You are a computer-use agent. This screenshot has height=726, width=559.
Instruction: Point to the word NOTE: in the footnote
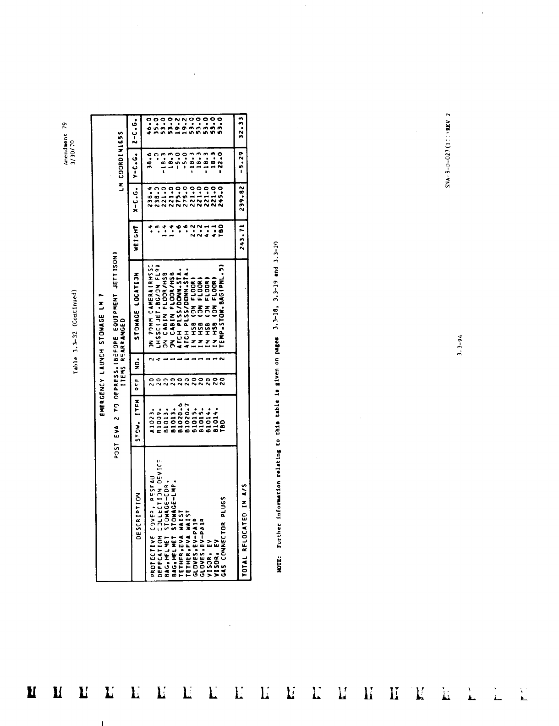pos(280,564)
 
